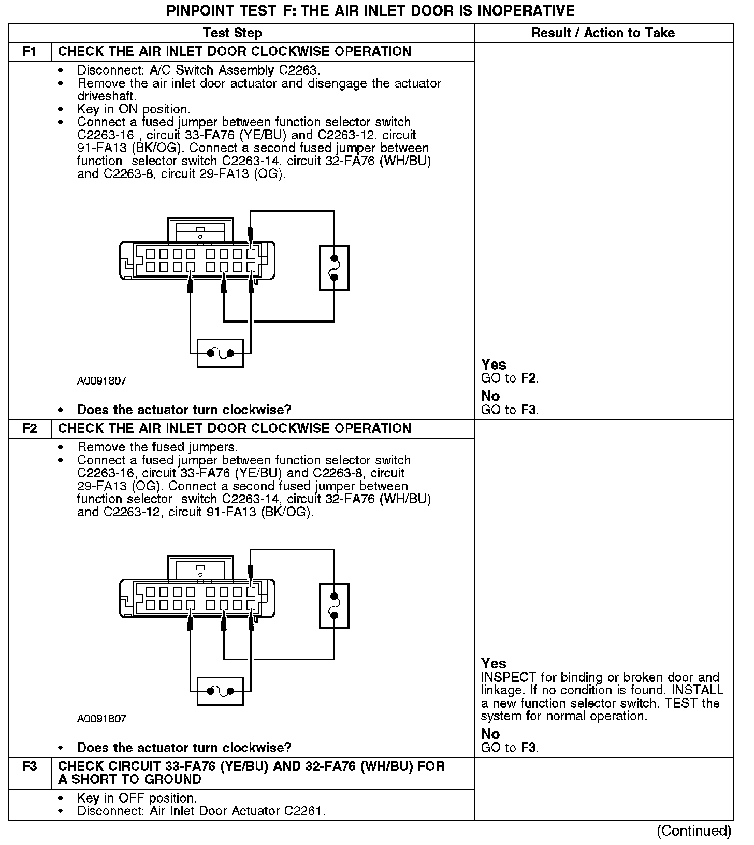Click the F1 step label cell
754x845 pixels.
coord(30,52)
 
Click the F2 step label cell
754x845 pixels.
coord(30,429)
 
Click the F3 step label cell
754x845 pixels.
coord(30,766)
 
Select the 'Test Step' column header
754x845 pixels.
coord(233,33)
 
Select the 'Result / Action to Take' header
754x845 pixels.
coord(603,33)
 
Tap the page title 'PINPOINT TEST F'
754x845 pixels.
coord(370,11)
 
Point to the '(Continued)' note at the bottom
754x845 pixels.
coord(694,831)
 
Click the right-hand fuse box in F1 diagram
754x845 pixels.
coord(334,268)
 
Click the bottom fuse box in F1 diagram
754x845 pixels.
coord(220,353)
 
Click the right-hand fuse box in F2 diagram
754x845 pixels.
coord(334,606)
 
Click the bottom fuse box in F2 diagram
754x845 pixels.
coord(220,691)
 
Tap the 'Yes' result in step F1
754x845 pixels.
coord(494,365)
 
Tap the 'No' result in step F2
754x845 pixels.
coord(490,734)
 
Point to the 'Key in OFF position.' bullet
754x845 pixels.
coord(137,798)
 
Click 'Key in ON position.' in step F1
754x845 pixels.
coord(134,109)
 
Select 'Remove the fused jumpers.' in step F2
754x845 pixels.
coord(157,447)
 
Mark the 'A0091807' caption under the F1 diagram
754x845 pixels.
coord(102,381)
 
